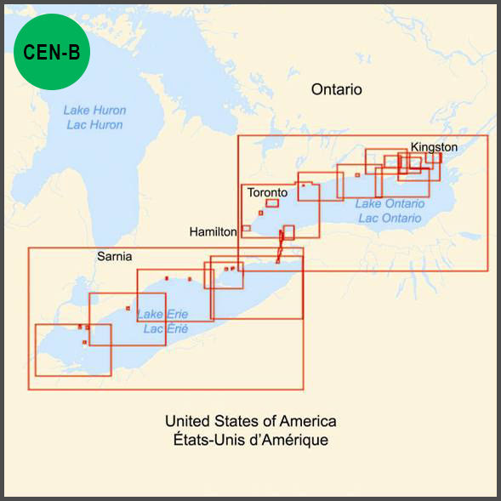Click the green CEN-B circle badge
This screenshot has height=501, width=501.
51,52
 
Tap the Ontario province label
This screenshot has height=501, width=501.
336,89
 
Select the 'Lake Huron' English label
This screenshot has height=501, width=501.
94,111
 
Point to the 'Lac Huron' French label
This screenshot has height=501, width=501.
94,125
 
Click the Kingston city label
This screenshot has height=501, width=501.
434,147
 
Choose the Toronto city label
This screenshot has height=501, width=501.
267,193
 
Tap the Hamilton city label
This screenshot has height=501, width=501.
213,231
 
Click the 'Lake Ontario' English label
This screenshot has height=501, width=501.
390,204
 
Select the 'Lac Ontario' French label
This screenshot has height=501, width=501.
390,218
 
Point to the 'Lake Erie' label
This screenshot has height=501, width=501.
162,315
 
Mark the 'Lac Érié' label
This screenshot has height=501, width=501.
165,328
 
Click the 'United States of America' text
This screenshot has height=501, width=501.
251,421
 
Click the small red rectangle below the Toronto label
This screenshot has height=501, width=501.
272,203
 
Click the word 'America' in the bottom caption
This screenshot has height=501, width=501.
309,421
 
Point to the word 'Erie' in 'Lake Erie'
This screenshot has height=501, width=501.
176,315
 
